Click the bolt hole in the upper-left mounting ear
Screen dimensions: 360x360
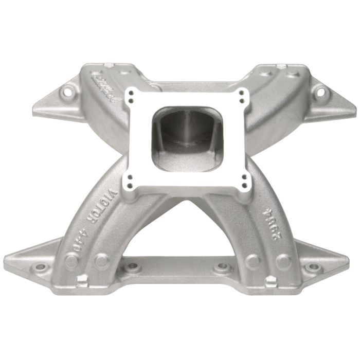coord(65,94)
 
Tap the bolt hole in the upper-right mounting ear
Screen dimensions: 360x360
coord(320,94)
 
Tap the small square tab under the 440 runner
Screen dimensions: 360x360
coord(81,280)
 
